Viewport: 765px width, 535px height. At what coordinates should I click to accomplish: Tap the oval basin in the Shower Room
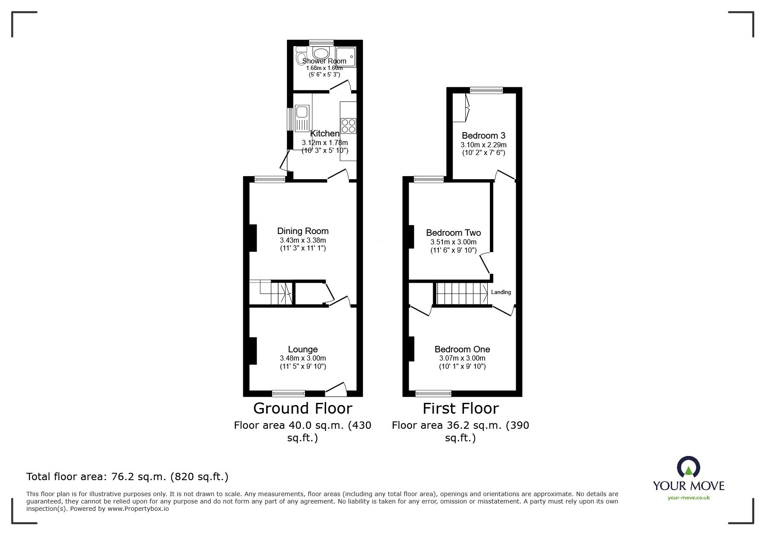pos(321,54)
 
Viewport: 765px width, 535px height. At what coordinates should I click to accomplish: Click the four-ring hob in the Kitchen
pos(348,126)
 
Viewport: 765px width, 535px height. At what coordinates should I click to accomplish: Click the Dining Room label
pos(303,231)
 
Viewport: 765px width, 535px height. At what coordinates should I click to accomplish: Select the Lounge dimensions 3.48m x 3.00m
pos(303,358)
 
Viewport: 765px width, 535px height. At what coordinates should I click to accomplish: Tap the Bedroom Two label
pos(453,233)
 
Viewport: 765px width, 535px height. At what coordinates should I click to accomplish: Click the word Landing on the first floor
pos(501,292)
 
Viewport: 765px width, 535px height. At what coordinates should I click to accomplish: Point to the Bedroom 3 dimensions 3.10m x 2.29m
pos(483,145)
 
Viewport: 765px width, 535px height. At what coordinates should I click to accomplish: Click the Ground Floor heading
pos(302,408)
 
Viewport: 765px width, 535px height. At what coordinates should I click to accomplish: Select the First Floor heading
pos(460,408)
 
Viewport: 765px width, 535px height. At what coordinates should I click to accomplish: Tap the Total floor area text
pos(127,477)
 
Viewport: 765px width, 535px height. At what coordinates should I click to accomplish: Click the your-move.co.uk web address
pos(689,498)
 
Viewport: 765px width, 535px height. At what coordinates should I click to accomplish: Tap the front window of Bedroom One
pos(433,393)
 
